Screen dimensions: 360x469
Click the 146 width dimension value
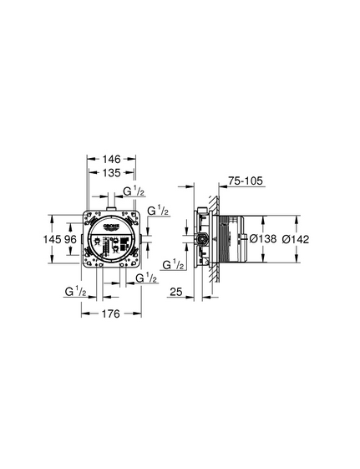(111, 159)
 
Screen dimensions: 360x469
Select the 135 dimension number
(111, 172)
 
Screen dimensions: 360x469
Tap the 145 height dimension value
(52, 239)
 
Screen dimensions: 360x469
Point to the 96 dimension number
(70, 239)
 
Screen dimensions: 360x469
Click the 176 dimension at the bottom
(111, 314)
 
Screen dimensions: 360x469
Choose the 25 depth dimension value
(176, 292)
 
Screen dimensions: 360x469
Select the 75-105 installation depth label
(246, 181)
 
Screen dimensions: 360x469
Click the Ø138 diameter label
(263, 239)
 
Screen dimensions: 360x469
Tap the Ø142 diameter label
(296, 239)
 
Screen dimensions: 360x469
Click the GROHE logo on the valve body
(111, 227)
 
